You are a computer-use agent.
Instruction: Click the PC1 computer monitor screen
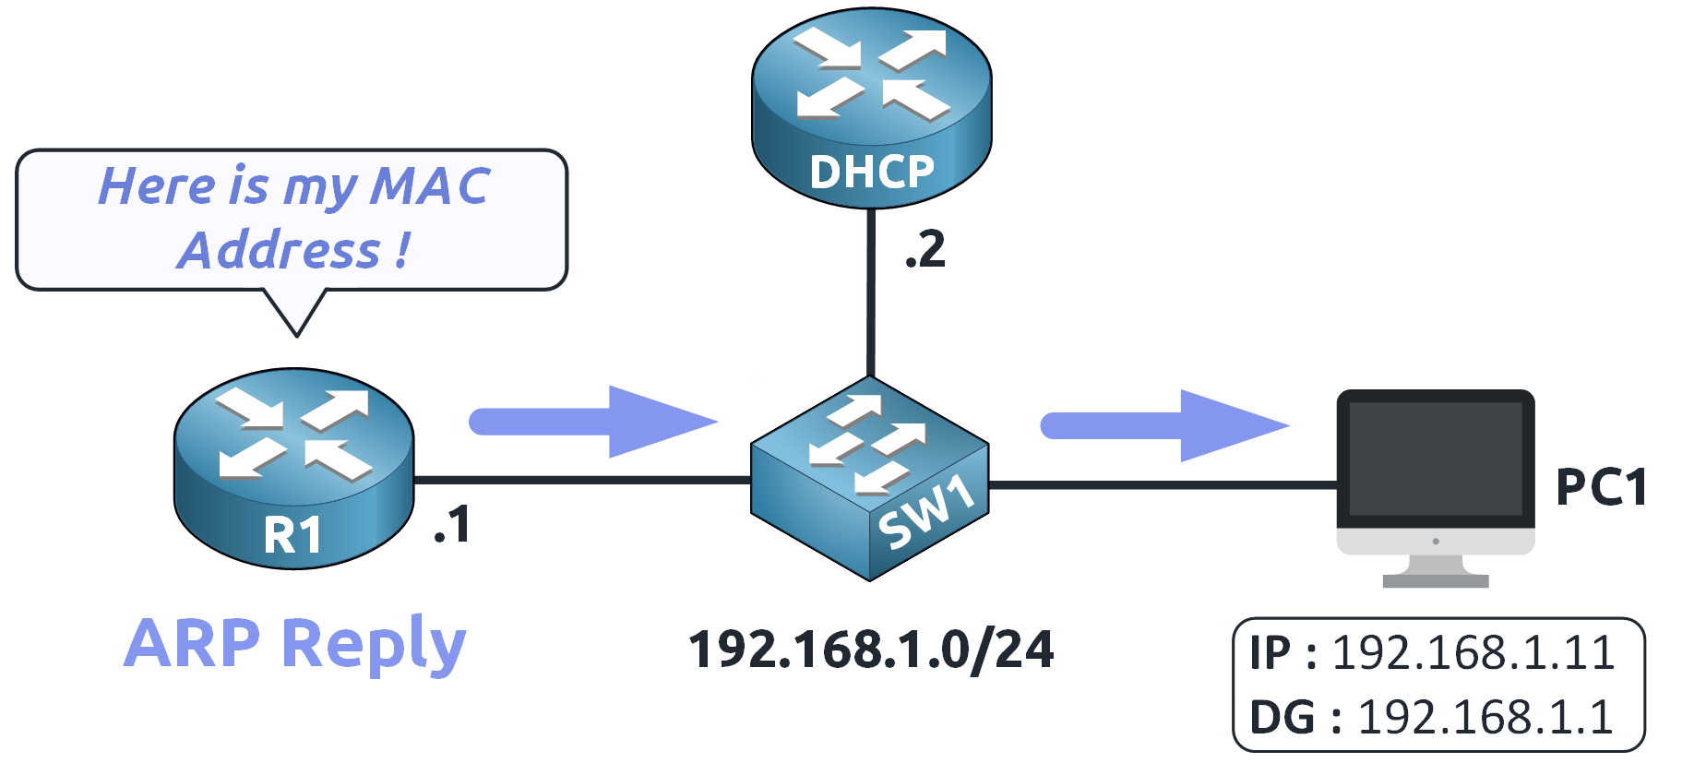[x=1435, y=459]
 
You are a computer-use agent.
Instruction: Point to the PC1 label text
[x=1601, y=487]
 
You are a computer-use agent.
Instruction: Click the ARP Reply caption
[x=295, y=643]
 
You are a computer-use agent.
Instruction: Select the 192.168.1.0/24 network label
[x=871, y=650]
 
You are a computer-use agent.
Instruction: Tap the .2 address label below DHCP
[x=925, y=250]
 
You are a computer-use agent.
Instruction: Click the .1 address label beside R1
[x=452, y=525]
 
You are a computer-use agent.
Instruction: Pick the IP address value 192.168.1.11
[x=1473, y=653]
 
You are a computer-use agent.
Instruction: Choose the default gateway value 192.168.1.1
[x=1485, y=717]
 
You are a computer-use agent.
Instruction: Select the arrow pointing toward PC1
[x=1163, y=425]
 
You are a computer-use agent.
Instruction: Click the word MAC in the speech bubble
[x=430, y=186]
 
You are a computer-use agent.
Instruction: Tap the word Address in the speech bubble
[x=280, y=251]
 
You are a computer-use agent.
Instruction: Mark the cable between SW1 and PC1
[x=1163, y=483]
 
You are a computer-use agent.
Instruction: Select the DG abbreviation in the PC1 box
[x=1282, y=717]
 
